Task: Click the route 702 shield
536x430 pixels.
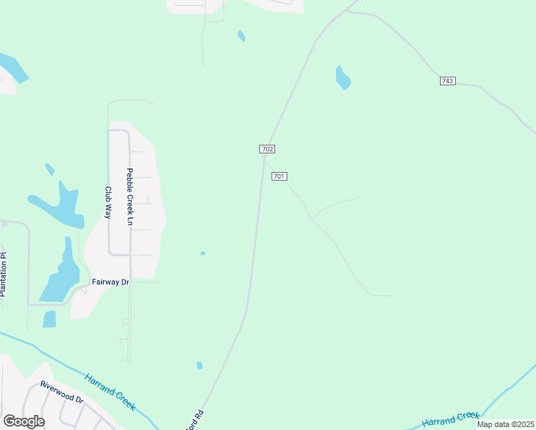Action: pos(267,148)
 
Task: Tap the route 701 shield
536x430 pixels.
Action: pos(279,176)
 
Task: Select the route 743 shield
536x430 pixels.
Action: pos(447,81)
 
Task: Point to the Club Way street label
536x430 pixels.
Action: pos(109,203)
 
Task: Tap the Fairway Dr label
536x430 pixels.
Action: pos(110,282)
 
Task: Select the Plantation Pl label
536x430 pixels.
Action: pos(4,274)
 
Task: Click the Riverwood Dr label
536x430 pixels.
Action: pos(62,391)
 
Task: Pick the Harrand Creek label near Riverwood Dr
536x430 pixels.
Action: pos(110,392)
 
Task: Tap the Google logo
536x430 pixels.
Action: pos(24,421)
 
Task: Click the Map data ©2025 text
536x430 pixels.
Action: pos(505,424)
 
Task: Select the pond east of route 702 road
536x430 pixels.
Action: pos(343,77)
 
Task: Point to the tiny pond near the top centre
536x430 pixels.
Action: pos(241,35)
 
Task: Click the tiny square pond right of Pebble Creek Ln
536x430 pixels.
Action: pos(203,253)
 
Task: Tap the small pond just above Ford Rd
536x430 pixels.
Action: pos(199,365)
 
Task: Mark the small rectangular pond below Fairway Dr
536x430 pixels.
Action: pos(49,319)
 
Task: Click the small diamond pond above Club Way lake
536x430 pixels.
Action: pos(49,170)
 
